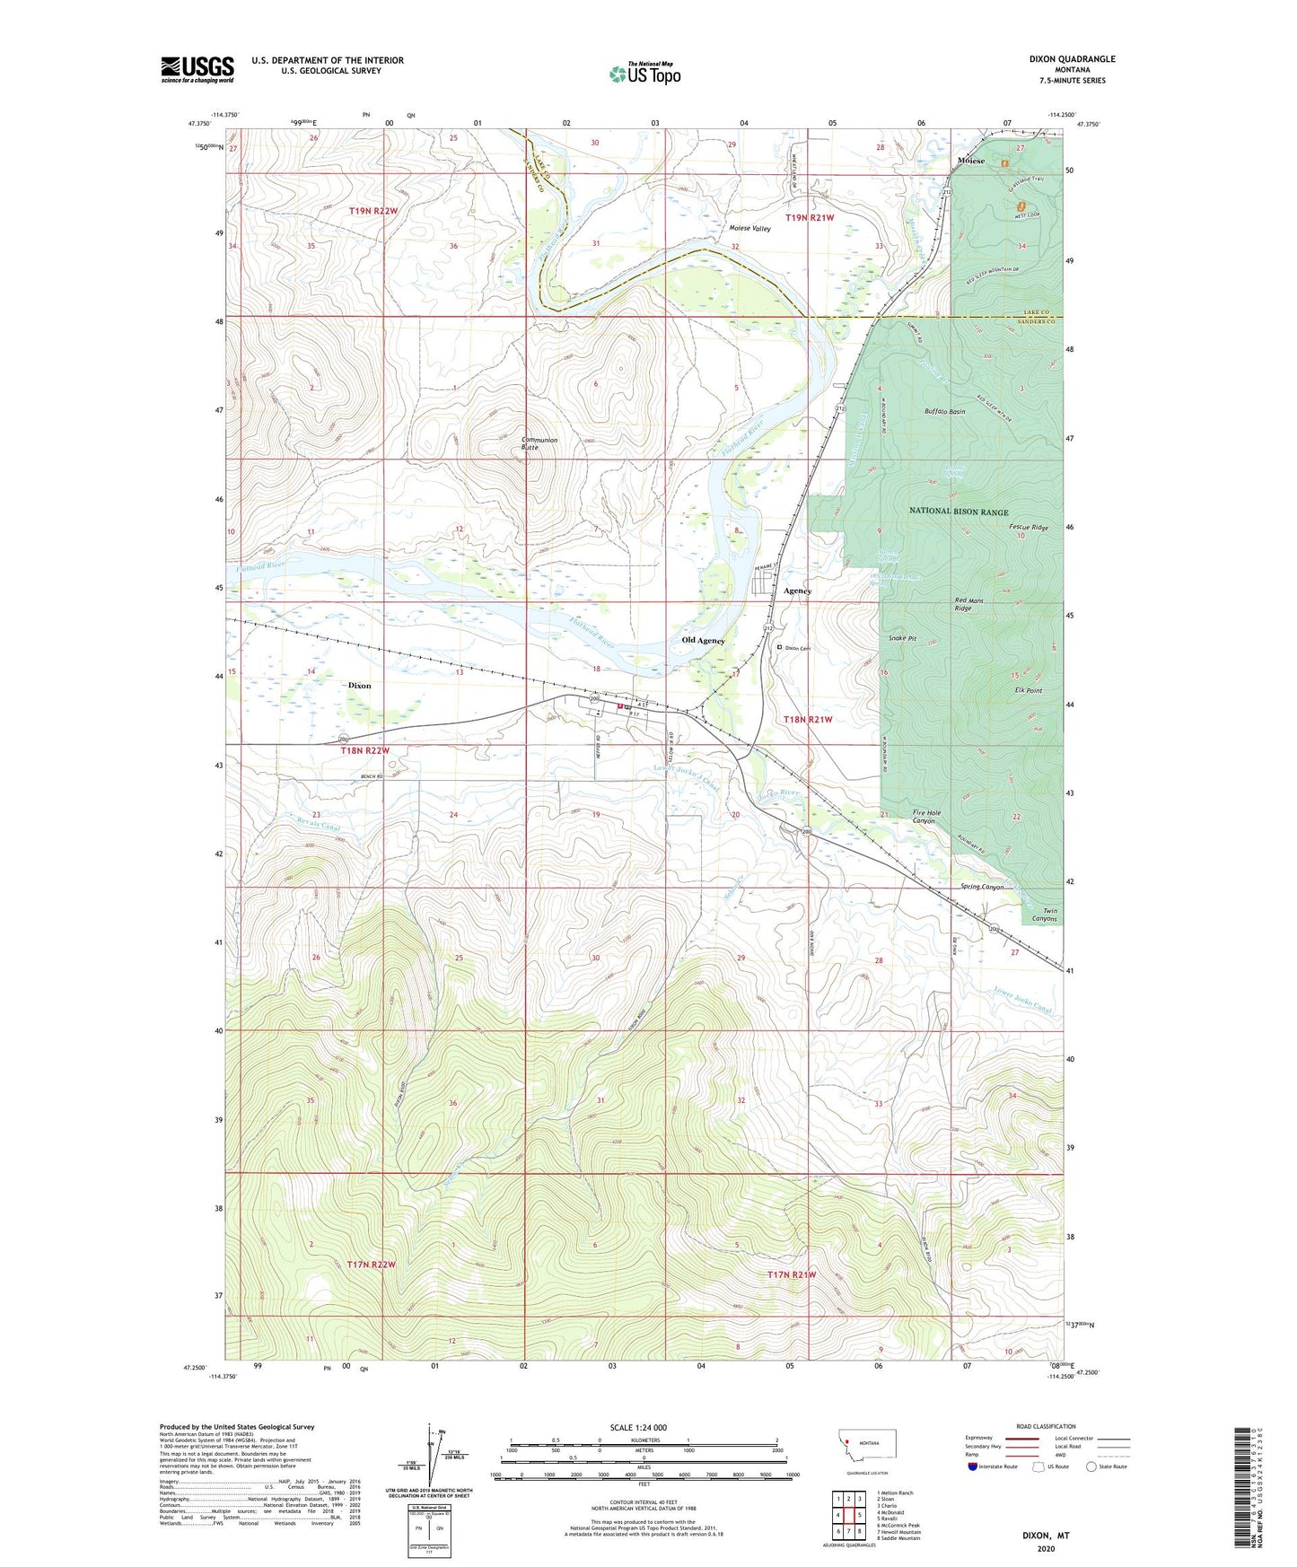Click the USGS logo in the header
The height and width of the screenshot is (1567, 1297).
[197, 68]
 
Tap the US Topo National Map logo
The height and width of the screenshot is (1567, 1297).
[644, 74]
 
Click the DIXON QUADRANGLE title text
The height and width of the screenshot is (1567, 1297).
[1072, 59]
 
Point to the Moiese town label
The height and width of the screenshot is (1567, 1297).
[970, 161]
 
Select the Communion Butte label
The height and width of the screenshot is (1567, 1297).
[539, 443]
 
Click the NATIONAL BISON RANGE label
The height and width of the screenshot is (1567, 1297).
[960, 511]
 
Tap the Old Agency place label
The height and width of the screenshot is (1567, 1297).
[703, 641]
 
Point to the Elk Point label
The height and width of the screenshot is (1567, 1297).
[1028, 691]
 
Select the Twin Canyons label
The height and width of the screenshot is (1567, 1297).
[1043, 915]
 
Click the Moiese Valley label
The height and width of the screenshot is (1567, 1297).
[749, 229]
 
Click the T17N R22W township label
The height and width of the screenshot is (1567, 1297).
[371, 1264]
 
